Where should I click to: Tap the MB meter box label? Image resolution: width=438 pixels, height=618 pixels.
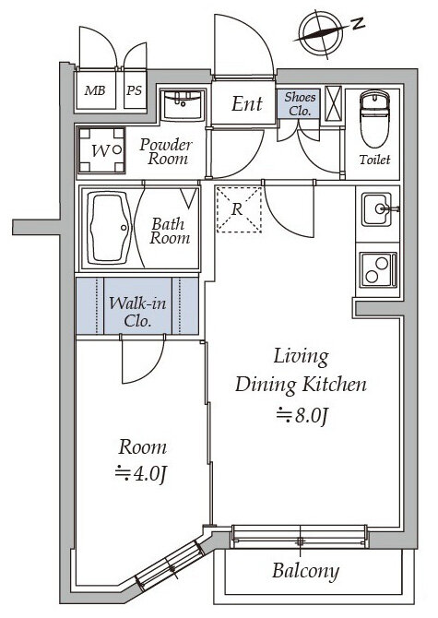95,90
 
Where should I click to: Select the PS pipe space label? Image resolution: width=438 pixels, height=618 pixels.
134,90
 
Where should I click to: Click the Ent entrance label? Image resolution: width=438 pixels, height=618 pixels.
246,103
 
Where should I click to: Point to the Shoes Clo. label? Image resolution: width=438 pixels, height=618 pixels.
300,103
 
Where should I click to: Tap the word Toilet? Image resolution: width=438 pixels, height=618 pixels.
374,160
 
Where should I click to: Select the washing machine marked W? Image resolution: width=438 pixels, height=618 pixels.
101,150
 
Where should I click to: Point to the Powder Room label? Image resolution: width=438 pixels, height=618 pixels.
167,151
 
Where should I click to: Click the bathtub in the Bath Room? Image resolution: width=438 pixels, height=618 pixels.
110,228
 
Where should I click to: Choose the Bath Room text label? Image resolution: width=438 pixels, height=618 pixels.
170,231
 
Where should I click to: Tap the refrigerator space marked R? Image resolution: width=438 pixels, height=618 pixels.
238,209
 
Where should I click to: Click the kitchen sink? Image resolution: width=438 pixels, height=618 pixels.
377,208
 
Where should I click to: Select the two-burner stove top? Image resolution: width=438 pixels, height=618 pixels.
377,268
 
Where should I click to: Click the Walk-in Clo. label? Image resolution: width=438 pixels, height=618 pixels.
137,312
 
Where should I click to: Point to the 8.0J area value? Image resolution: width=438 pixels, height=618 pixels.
302,415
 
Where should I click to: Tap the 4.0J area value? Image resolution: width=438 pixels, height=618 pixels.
141,473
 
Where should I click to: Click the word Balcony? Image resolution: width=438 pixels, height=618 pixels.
305,571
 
